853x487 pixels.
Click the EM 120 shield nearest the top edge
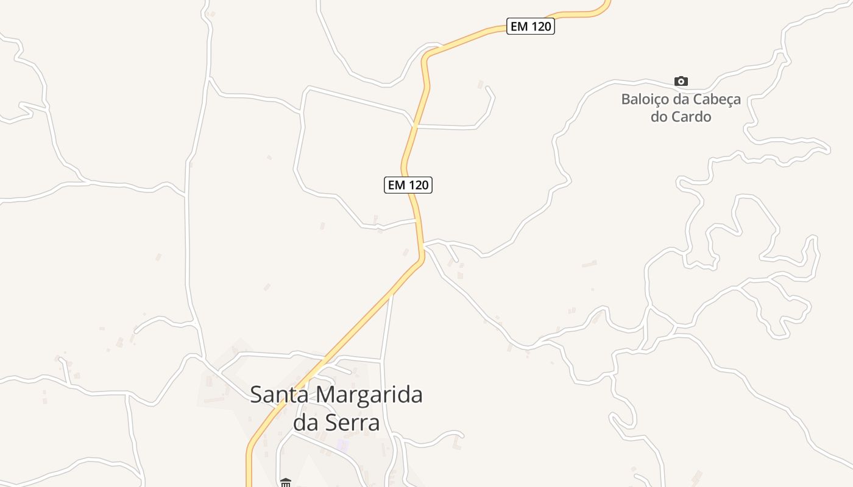pos(530,27)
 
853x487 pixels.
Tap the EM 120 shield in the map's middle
pos(408,185)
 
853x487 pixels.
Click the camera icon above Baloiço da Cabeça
pos(681,81)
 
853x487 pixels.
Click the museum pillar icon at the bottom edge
pos(285,483)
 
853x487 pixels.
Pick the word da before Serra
pos(306,422)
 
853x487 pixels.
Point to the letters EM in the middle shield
pos(396,185)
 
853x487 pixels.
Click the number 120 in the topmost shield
pos(540,27)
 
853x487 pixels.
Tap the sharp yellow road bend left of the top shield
pos(425,58)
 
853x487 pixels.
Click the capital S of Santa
pos(257,394)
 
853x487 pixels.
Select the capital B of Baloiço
pos(626,99)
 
